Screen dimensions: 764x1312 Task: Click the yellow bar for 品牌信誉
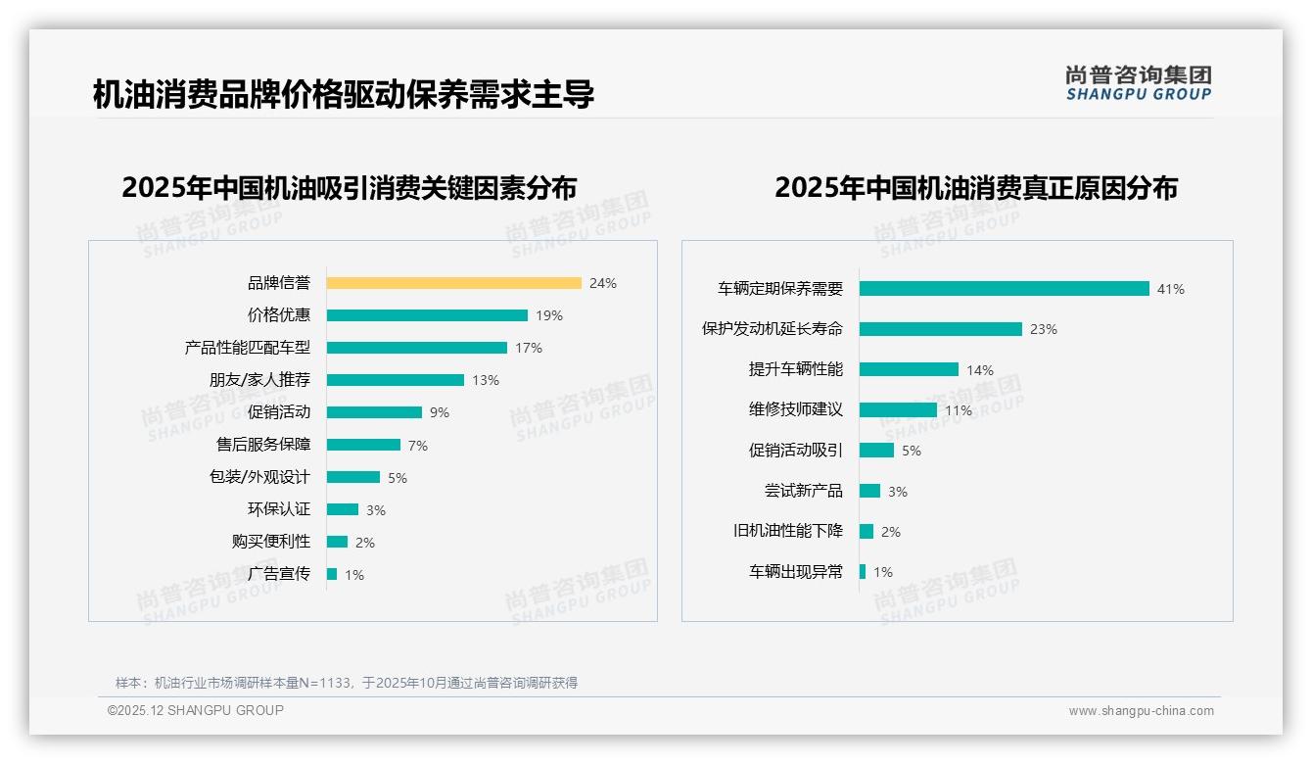(453, 283)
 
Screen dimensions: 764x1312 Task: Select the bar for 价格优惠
(427, 315)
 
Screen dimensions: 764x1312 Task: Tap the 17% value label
(529, 348)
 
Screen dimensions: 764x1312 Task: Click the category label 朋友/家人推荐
(259, 380)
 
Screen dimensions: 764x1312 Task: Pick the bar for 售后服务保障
(363, 445)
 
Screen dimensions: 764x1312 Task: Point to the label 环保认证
(279, 509)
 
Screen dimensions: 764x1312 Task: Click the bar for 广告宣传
(332, 574)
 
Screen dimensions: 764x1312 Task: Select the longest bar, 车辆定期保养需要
(1004, 289)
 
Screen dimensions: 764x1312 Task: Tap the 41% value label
(1171, 289)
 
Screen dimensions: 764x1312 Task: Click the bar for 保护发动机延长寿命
(940, 329)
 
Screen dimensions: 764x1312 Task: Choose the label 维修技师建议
(796, 409)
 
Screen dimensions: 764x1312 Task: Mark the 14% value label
(980, 370)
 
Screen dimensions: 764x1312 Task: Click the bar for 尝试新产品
(869, 491)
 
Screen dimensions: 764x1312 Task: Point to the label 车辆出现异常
(796, 572)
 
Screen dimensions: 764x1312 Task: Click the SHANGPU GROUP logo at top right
(1139, 83)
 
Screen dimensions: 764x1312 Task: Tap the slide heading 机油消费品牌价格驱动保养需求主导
(344, 95)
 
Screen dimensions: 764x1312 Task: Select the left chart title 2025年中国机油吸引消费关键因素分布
(350, 187)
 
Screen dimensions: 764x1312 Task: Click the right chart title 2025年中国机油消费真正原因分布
(976, 187)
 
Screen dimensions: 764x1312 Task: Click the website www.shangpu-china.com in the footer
(1141, 711)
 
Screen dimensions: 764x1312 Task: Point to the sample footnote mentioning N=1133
(347, 683)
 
